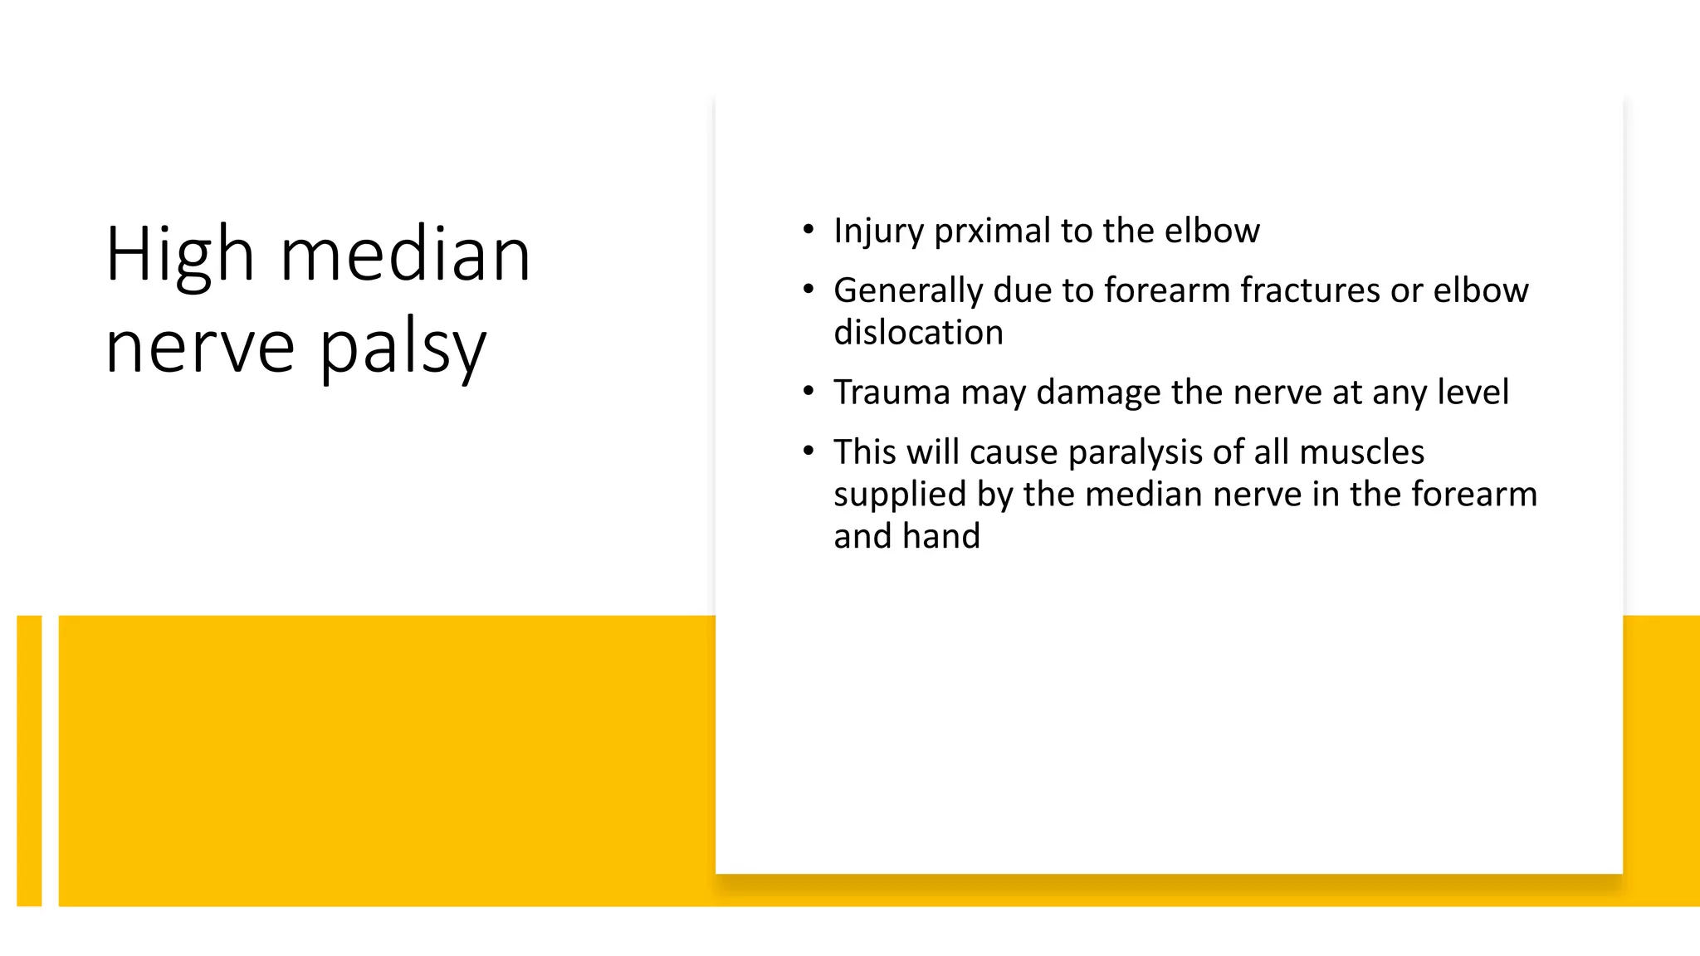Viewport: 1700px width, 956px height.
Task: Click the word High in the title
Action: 179,256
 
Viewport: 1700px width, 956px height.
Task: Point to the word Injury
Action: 878,231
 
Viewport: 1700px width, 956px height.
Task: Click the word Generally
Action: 908,291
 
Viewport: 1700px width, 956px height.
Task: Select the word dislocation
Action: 918,333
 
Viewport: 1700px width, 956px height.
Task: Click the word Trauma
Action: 892,393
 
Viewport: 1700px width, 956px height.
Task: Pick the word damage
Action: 1091,393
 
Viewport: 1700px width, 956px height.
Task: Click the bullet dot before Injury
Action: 808,230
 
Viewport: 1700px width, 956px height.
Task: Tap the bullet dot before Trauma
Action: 808,392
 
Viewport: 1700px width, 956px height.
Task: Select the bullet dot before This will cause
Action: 808,451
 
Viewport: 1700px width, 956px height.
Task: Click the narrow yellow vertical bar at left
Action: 29,760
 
